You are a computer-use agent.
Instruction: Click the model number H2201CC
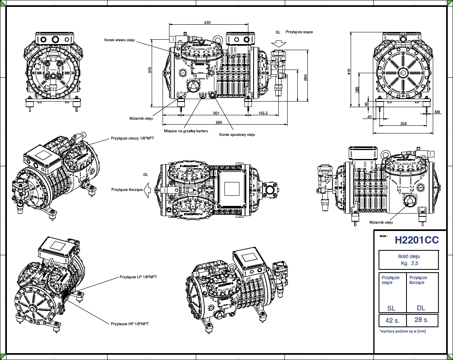click(x=416, y=240)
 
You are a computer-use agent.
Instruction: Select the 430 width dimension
click(x=207, y=22)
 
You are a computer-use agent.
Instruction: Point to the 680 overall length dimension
click(x=219, y=122)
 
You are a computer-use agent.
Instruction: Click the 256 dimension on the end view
click(x=403, y=123)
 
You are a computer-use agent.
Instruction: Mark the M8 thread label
click(x=438, y=112)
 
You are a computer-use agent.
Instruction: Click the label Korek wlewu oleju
click(x=119, y=40)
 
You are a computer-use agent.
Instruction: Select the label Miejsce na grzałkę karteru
click(x=186, y=131)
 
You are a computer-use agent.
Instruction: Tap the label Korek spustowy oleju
click(x=237, y=134)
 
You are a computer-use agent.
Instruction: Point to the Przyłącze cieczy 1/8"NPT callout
click(x=132, y=138)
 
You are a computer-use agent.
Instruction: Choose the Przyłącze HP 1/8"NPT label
click(x=130, y=324)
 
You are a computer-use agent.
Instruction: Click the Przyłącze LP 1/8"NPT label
click(x=138, y=277)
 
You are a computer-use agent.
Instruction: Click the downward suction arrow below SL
click(x=278, y=43)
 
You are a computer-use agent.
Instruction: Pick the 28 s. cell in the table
click(x=421, y=320)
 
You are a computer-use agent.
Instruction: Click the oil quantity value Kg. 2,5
click(x=409, y=263)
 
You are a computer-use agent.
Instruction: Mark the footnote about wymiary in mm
click(x=402, y=331)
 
